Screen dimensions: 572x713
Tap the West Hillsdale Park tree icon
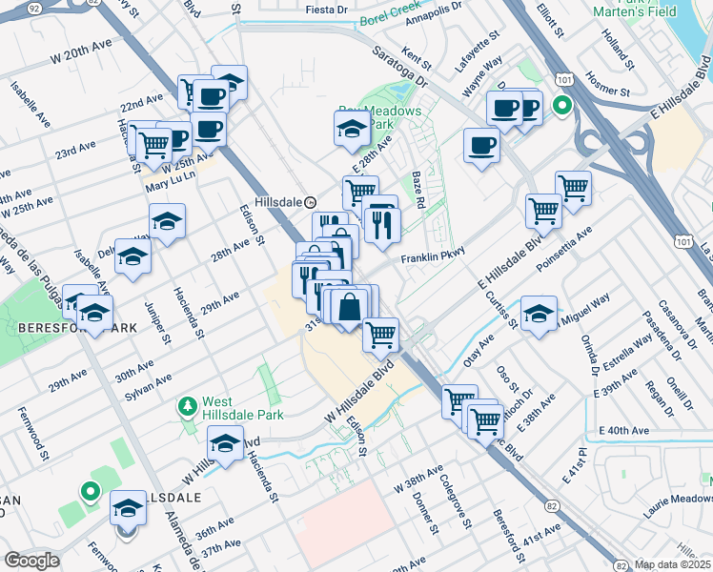click(x=188, y=407)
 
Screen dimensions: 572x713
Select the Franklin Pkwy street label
click(x=432, y=258)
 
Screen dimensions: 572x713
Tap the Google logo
click(x=31, y=561)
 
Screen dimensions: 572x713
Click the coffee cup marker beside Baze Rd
click(x=481, y=146)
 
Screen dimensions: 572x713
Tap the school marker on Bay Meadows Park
click(x=352, y=128)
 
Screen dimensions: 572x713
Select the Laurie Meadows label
click(x=671, y=505)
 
